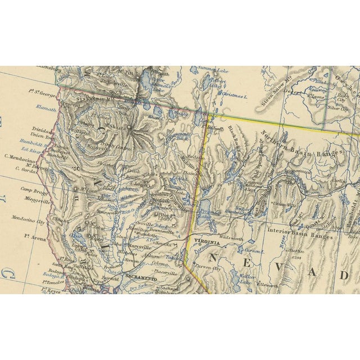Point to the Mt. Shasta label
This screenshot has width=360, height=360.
tap(120, 127)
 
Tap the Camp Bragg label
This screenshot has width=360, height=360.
tap(32, 190)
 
